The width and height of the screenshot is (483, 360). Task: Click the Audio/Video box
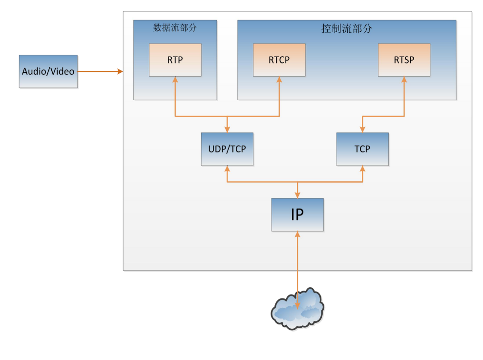point(48,71)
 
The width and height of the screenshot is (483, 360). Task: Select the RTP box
point(175,60)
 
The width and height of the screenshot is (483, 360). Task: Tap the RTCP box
point(279,60)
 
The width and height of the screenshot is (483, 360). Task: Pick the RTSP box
point(404,60)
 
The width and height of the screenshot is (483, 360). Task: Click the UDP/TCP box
point(227,148)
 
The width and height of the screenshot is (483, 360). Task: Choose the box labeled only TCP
point(362,148)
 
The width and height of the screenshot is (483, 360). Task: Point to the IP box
point(297,214)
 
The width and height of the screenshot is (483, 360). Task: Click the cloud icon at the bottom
point(297,309)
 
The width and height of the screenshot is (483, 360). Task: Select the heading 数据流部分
point(175,28)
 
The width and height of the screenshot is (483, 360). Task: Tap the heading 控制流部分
point(346,29)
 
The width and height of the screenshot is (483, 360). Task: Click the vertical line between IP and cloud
point(297,264)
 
